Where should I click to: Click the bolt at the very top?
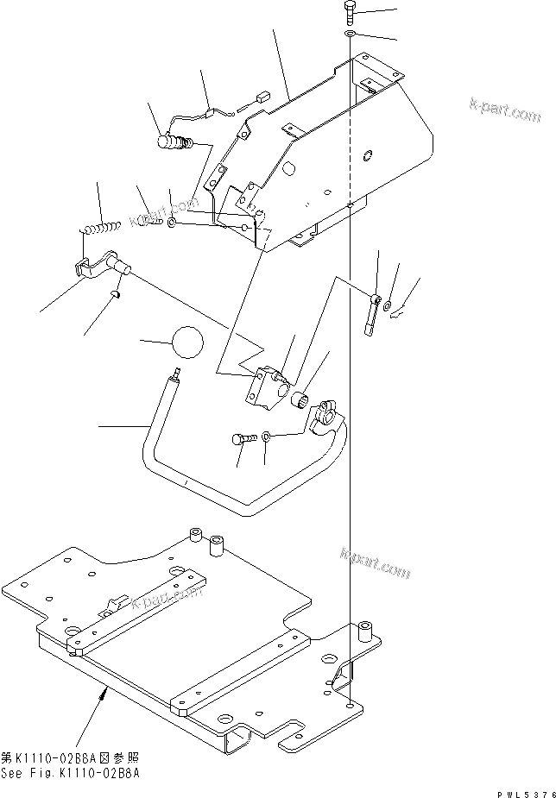pyautogui.click(x=350, y=12)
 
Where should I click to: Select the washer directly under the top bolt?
pyautogui.click(x=350, y=34)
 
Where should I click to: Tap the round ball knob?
pyautogui.click(x=188, y=342)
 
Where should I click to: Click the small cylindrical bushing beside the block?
pyautogui.click(x=303, y=399)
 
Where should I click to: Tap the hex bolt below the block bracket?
pyautogui.click(x=241, y=439)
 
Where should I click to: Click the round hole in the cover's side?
pyautogui.click(x=369, y=156)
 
